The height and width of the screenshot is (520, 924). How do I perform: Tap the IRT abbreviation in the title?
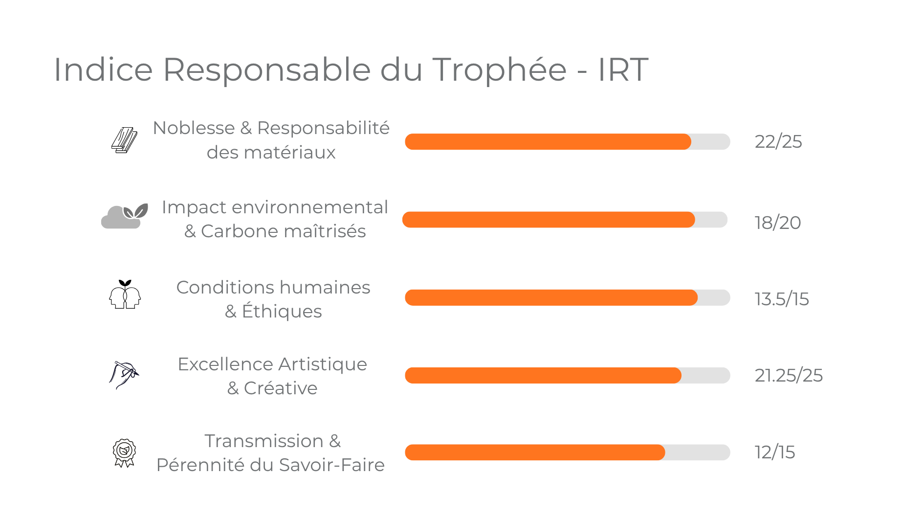pos(623,69)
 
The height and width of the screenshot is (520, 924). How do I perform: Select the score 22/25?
pos(778,142)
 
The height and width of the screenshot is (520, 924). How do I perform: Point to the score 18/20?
pos(777,223)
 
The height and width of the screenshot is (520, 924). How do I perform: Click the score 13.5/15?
pos(781,299)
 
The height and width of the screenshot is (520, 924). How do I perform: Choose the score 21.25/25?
pos(788,375)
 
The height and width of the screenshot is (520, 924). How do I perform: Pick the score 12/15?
pos(774,452)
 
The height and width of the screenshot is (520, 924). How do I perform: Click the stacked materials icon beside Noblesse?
pos(124,140)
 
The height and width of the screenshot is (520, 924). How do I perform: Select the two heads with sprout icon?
pos(125,294)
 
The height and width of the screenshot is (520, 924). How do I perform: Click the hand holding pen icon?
pos(124,375)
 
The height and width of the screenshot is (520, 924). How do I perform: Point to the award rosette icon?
pos(124,452)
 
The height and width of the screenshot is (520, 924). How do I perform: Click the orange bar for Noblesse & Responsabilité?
pos(548,142)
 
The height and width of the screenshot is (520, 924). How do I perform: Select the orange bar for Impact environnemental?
pos(548,220)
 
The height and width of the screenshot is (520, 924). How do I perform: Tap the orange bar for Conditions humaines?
pos(551,297)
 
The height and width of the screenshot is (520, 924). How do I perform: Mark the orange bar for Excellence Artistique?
pos(543,375)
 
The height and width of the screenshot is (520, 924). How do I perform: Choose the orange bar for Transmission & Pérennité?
pos(535,452)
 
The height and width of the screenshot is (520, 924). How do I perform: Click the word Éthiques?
pos(282,311)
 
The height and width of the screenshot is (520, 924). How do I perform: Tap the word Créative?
pos(280,388)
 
